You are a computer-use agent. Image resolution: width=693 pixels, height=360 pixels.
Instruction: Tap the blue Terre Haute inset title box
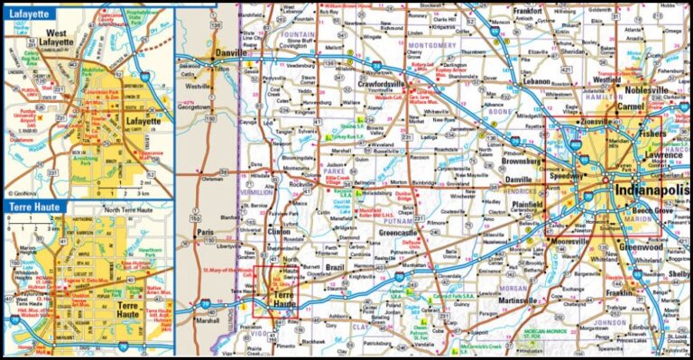pos(36,207)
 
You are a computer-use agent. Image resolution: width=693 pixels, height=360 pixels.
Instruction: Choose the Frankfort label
pos(528,11)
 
